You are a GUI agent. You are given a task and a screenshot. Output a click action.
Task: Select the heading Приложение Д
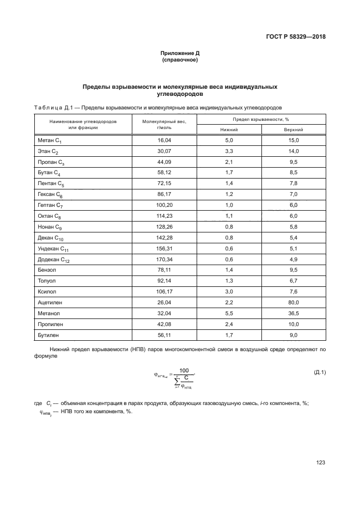click(x=180, y=53)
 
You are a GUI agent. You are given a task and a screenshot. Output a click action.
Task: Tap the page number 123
click(x=320, y=462)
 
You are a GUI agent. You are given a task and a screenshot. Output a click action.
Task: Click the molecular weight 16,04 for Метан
click(x=164, y=140)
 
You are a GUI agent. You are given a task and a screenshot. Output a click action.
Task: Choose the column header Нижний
click(x=229, y=130)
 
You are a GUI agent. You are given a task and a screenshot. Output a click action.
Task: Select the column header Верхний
click(x=294, y=130)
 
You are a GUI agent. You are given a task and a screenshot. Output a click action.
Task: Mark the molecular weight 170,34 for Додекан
click(x=164, y=259)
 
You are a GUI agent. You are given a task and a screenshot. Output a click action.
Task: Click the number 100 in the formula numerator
click(x=184, y=370)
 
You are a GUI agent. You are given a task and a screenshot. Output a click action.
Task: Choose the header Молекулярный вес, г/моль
click(x=164, y=125)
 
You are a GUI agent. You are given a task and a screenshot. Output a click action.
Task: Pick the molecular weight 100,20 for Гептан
click(x=164, y=205)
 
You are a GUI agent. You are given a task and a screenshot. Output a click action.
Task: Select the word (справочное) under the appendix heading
click(x=180, y=60)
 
